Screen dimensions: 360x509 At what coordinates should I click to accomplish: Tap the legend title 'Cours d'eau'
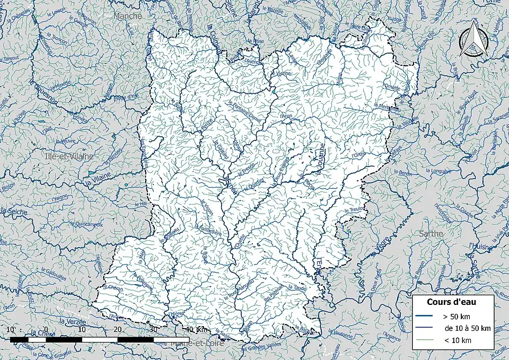tap(452, 302)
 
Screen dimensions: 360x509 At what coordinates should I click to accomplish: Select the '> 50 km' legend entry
tap(456, 317)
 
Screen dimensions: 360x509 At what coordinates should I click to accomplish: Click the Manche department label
tap(128, 16)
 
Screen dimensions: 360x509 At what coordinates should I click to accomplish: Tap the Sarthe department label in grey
tap(431, 233)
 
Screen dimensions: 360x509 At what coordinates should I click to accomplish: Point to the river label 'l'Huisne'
tap(479, 245)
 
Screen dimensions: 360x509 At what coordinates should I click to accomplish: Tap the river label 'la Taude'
tap(297, 287)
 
